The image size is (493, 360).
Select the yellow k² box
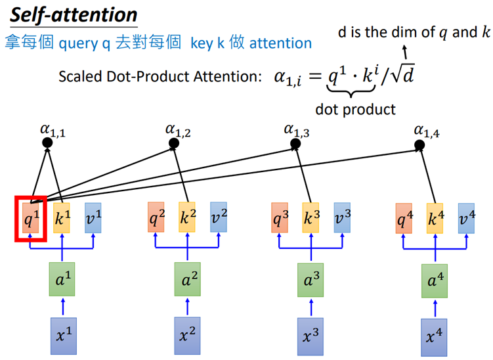[x=188, y=217]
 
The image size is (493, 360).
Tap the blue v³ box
[x=342, y=217]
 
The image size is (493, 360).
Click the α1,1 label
[x=53, y=132]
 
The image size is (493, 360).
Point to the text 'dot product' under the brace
[x=355, y=109]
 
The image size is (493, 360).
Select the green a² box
[x=188, y=280]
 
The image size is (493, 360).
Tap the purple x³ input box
[x=311, y=335]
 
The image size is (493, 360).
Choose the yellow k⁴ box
[x=435, y=217]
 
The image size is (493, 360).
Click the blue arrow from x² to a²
[x=188, y=305]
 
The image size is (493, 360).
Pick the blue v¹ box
[x=94, y=217]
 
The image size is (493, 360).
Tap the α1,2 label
[x=178, y=132]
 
